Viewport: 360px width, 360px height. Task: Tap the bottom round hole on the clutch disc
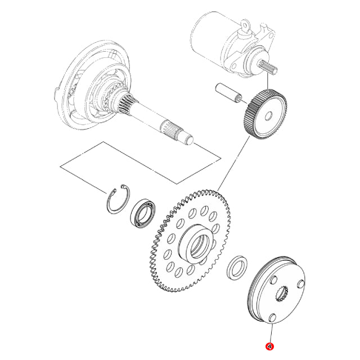[271, 319]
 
